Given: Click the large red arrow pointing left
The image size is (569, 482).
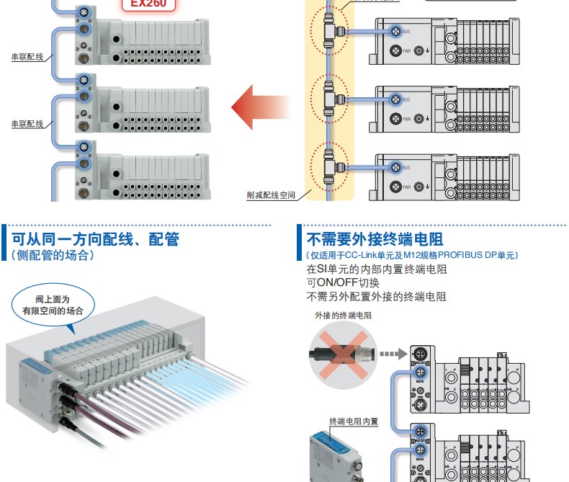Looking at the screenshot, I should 259,107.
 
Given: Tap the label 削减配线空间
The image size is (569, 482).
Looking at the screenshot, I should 271,195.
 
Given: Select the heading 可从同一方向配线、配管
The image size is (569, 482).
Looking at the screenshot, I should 95,239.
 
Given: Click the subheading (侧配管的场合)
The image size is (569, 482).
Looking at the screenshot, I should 52,255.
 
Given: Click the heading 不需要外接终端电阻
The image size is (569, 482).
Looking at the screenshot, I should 375,239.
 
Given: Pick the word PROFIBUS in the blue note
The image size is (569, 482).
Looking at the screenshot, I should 460,255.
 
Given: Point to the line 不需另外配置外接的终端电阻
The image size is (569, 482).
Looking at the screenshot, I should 376,296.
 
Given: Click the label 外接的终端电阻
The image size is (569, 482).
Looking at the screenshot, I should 344,316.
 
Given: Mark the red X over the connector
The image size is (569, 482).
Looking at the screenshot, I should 341,354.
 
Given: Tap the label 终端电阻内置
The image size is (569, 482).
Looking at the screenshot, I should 354,421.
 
